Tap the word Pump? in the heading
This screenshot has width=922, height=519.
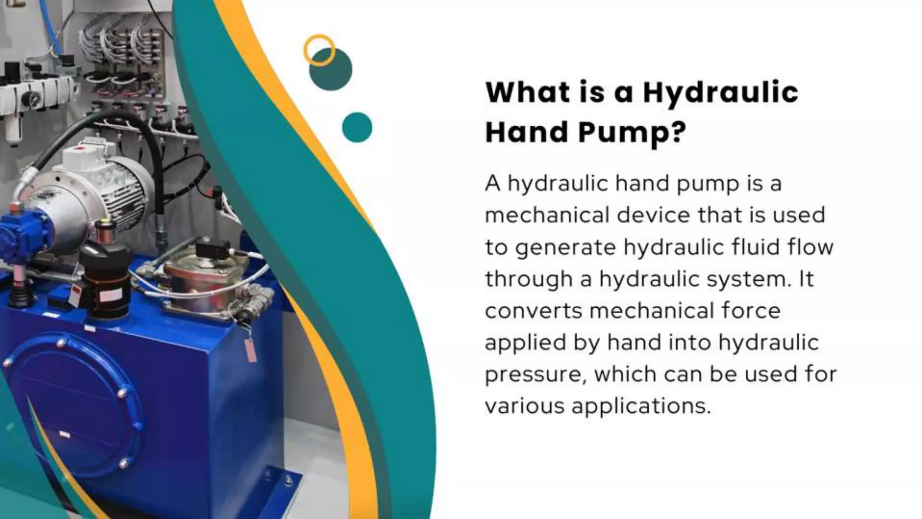(632, 133)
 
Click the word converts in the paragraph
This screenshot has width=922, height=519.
(533, 311)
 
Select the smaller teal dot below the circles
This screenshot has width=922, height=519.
(357, 127)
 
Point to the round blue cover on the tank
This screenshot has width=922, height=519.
(72, 405)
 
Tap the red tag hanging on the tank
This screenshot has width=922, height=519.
(250, 349)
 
